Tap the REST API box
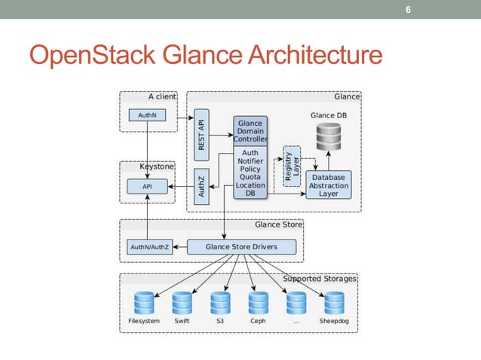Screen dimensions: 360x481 click(201, 136)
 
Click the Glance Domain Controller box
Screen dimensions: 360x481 click(250, 131)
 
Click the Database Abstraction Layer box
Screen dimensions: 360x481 click(328, 185)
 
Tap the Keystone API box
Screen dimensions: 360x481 click(147, 186)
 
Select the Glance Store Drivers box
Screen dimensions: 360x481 click(241, 246)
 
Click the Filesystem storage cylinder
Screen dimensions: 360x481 click(143, 302)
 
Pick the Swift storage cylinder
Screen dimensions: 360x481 click(182, 302)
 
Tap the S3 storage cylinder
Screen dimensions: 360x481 click(220, 302)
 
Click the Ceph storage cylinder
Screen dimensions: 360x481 click(259, 302)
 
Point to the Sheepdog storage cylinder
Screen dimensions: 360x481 click(335, 302)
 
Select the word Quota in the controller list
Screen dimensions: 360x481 click(250, 177)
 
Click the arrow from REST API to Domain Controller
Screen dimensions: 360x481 click(220, 136)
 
